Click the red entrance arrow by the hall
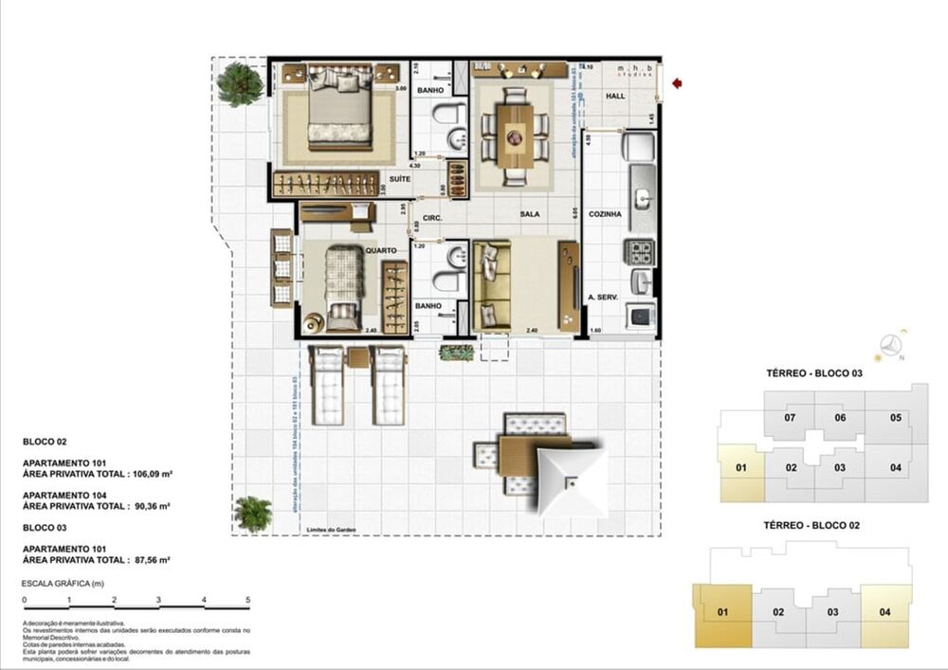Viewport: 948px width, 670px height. [677, 83]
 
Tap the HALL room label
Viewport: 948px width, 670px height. [616, 97]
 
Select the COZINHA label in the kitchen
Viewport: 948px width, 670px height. [604, 214]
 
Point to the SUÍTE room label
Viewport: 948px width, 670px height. [399, 178]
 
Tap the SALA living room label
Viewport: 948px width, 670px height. [529, 214]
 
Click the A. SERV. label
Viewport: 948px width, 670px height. [603, 298]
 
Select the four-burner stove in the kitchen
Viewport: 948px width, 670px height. [641, 251]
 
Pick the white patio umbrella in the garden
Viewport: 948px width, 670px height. [572, 480]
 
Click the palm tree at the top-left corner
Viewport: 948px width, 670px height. [239, 83]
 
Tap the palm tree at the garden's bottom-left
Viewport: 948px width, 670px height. [252, 513]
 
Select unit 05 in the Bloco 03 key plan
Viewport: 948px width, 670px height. [895, 418]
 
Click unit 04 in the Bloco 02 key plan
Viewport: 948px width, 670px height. [884, 612]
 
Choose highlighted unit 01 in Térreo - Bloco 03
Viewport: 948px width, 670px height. [741, 467]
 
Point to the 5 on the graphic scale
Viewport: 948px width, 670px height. [248, 600]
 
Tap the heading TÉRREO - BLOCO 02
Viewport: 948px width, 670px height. [813, 524]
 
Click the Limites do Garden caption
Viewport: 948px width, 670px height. [329, 530]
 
